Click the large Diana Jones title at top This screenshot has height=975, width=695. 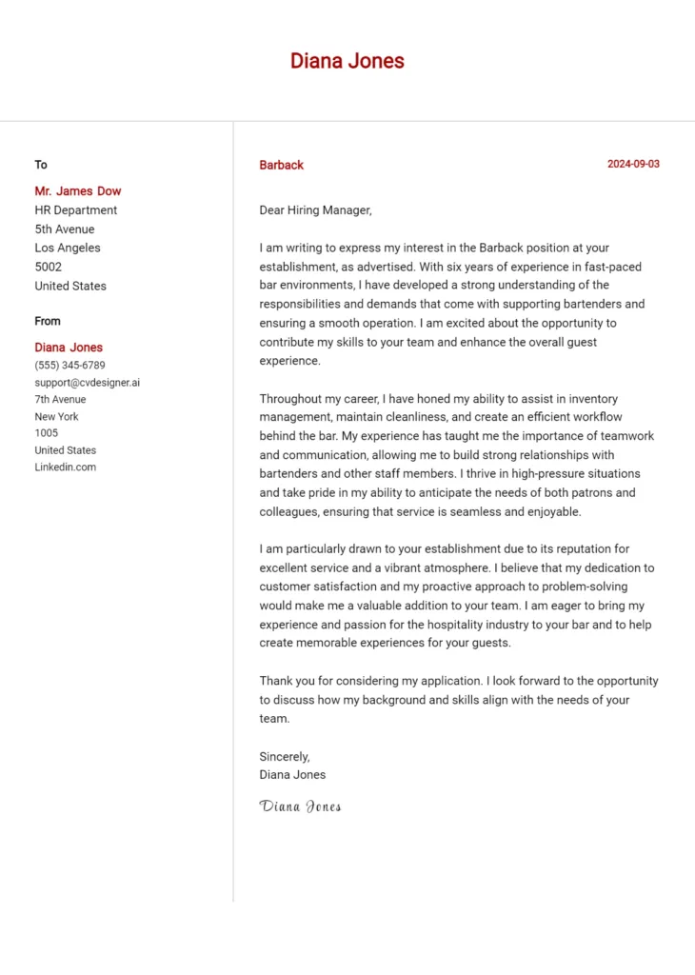pyautogui.click(x=347, y=62)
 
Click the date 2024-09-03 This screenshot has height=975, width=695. pyautogui.click(x=633, y=164)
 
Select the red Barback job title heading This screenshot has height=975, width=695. pyautogui.click(x=281, y=165)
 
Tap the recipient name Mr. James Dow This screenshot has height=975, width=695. pyautogui.click(x=78, y=190)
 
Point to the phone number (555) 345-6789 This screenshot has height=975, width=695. pyautogui.click(x=69, y=365)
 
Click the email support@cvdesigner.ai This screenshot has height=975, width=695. pyautogui.click(x=87, y=382)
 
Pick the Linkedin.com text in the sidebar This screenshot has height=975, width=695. pyautogui.click(x=66, y=467)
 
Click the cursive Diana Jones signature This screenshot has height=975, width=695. pyautogui.click(x=300, y=806)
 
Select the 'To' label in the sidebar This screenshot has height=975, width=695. pyautogui.click(x=41, y=165)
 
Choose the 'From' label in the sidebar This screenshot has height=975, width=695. pyautogui.click(x=48, y=321)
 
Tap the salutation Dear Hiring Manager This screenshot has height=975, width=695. pyautogui.click(x=315, y=209)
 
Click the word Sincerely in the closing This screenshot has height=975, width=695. pyautogui.click(x=285, y=756)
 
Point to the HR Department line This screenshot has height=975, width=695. pyautogui.click(x=76, y=209)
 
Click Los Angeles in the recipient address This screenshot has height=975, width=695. pyautogui.click(x=68, y=248)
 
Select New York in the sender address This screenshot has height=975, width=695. pyautogui.click(x=56, y=416)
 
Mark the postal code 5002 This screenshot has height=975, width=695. pyautogui.click(x=49, y=267)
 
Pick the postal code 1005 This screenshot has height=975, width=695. pyautogui.click(x=47, y=432)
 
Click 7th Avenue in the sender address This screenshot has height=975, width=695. pyautogui.click(x=60, y=399)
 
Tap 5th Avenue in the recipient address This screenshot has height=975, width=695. pyautogui.click(x=65, y=229)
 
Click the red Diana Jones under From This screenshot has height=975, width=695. pyautogui.click(x=69, y=348)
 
